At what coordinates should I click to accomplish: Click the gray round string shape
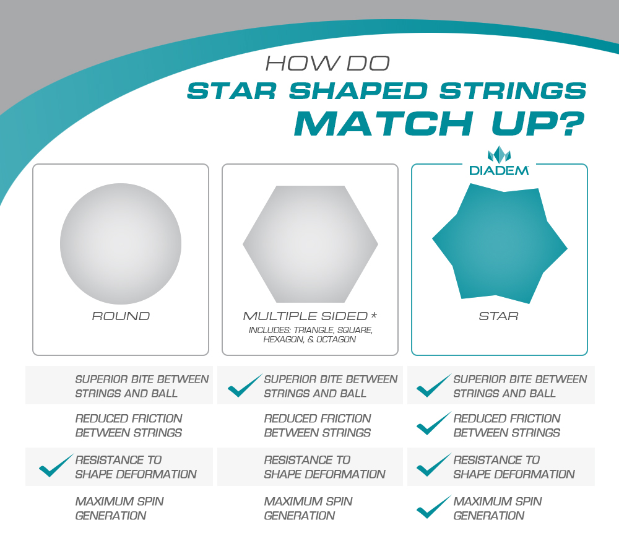pos(121,243)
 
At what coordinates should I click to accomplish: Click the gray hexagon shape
pos(310,244)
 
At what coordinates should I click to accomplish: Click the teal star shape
pos(500,243)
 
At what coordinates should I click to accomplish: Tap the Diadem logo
pos(499,161)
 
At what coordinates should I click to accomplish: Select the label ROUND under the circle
pos(121,316)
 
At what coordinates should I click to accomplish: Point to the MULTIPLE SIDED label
pos(305,316)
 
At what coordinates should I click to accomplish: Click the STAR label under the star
pos(498,316)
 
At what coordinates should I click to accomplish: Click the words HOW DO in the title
pos(327,63)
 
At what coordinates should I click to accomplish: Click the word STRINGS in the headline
pos(513,91)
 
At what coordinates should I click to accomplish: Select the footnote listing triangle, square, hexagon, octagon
pos(310,335)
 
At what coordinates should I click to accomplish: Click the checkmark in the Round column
pos(56,465)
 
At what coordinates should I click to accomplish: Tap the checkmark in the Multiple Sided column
pos(245,385)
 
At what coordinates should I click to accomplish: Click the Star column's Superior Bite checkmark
pos(434,385)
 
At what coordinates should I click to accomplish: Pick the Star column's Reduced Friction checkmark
pos(434,423)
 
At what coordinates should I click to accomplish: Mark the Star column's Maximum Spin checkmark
pos(434,506)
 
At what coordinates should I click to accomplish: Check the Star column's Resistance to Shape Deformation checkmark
pos(434,465)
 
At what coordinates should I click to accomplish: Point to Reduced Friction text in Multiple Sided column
pos(318,425)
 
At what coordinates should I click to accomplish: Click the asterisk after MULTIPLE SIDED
pos(373,315)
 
